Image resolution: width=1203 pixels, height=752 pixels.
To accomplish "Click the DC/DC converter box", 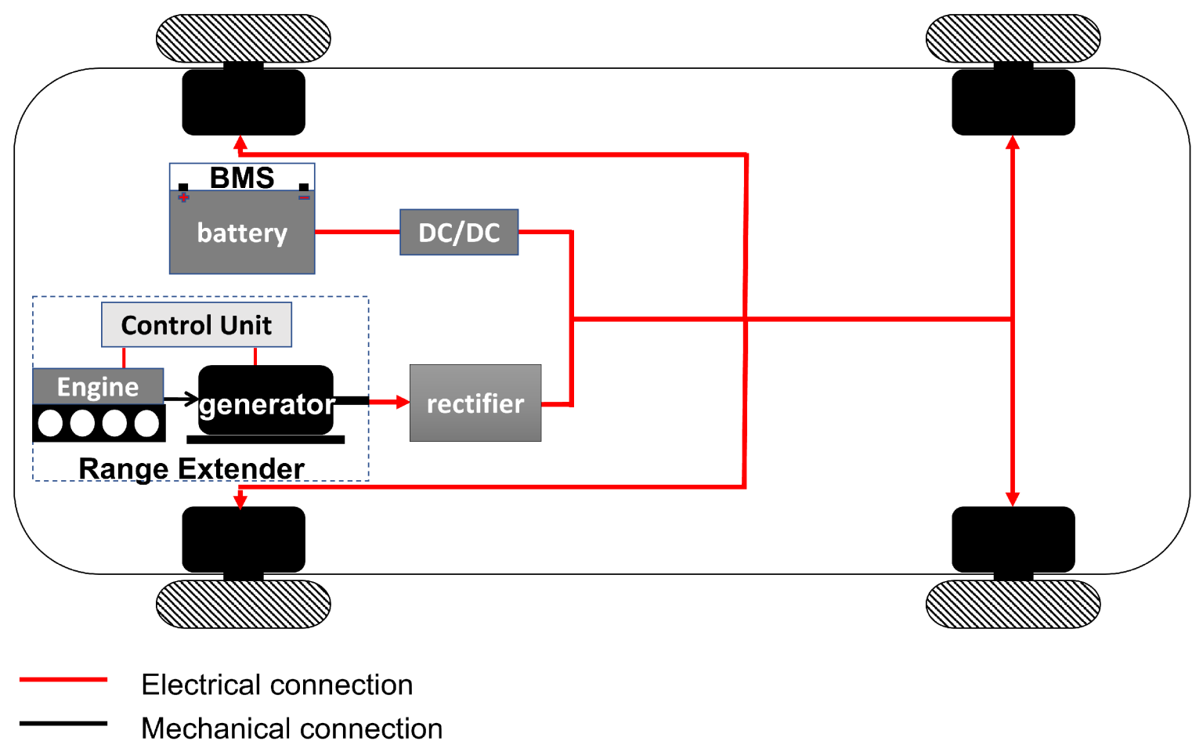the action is [x=459, y=232].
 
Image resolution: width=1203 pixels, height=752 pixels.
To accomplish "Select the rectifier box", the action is [x=475, y=403].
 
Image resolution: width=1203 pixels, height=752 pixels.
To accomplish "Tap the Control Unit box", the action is [x=197, y=324].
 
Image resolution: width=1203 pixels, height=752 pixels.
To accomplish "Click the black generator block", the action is [x=266, y=400].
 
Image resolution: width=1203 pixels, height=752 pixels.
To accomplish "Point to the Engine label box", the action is [x=98, y=386].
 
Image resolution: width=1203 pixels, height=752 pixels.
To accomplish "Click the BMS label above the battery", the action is [x=242, y=178].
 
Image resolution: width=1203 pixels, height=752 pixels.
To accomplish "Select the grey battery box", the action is [x=242, y=232].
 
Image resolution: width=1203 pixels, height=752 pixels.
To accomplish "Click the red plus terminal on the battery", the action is [x=184, y=197].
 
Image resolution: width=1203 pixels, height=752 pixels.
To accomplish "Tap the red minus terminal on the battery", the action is [x=304, y=197].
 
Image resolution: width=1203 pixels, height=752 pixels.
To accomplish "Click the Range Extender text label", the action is [x=192, y=468].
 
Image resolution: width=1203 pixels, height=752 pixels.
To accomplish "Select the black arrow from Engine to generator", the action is [x=181, y=399].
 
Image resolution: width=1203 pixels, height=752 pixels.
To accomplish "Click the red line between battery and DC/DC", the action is [x=358, y=232].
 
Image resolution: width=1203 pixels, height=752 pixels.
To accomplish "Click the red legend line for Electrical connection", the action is [x=63, y=680].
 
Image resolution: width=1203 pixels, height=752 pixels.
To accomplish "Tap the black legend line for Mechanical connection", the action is [x=63, y=724].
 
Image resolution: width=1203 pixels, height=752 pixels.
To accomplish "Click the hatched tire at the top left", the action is [x=244, y=38].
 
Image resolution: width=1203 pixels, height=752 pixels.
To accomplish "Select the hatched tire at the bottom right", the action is [x=1013, y=604].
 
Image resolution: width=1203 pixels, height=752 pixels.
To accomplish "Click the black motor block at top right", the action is [x=1013, y=102].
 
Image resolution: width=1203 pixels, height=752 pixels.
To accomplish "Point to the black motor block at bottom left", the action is [x=244, y=539].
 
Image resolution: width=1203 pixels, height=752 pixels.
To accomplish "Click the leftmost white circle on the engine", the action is [x=50, y=423].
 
